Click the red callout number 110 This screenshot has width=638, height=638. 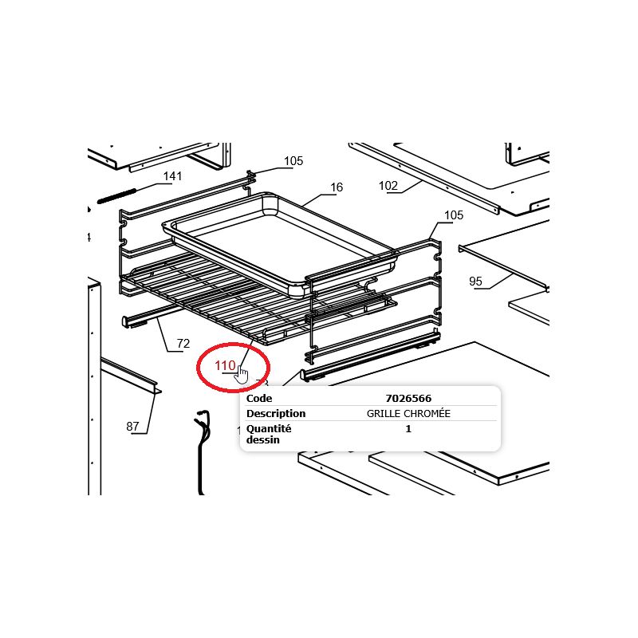(225, 365)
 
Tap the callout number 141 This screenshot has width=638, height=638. (172, 176)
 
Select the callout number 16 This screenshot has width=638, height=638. (337, 187)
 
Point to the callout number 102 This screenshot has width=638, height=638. (388, 186)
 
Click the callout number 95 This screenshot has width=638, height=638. (475, 282)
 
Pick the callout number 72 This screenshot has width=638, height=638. (183, 344)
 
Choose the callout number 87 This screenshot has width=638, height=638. (132, 426)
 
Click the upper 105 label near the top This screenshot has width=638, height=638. (293, 161)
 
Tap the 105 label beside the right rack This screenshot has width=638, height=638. (454, 215)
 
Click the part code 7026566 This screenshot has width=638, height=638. (408, 398)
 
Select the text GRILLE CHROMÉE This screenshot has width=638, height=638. (408, 414)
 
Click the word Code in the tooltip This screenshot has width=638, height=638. (259, 398)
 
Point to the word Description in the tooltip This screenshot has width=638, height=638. (276, 414)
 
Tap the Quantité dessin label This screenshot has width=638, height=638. (269, 434)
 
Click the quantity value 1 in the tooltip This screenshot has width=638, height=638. (408, 429)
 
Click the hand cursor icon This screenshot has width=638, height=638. (242, 374)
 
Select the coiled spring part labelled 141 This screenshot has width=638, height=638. (116, 195)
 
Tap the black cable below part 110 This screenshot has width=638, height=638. (203, 451)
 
